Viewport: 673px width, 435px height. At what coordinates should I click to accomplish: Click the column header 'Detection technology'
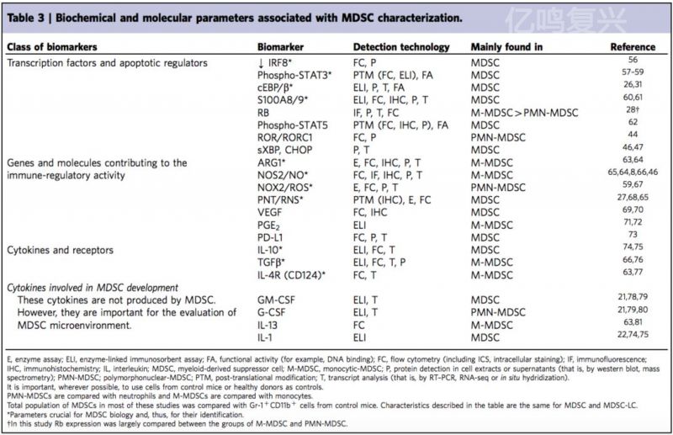pos(400,47)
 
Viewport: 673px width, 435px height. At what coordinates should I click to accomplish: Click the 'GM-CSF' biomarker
pos(278,298)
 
